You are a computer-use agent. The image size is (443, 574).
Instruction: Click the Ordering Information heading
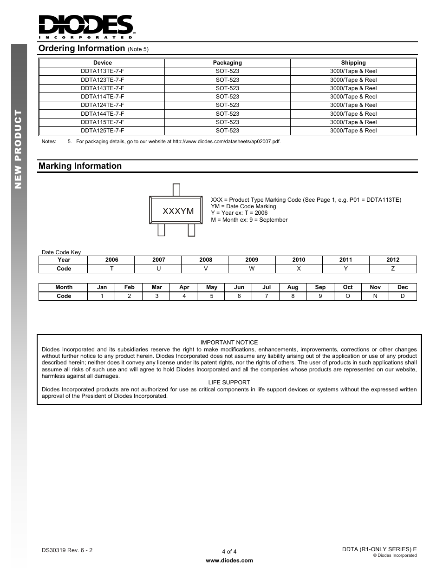pyautogui.click(x=82, y=48)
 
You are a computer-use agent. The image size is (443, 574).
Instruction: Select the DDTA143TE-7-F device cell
pyautogui.click(x=102, y=88)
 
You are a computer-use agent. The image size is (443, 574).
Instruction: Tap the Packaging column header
pyautogui.click(x=227, y=63)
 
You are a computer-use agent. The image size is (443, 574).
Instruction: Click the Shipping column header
pyautogui.click(x=353, y=63)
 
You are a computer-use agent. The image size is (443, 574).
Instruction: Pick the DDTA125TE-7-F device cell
pyautogui.click(x=102, y=131)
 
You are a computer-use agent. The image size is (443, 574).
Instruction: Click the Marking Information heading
pyautogui.click(x=80, y=166)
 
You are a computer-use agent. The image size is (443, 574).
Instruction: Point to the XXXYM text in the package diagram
pyautogui.click(x=178, y=211)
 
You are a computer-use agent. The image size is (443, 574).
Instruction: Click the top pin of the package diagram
pyautogui.click(x=176, y=190)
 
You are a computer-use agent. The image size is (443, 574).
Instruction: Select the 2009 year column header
pyautogui.click(x=252, y=260)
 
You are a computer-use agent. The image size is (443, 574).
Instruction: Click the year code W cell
pyautogui.click(x=252, y=269)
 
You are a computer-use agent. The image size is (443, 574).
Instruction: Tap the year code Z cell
pyautogui.click(x=393, y=269)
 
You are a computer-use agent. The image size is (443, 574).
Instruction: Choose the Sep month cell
pyautogui.click(x=320, y=287)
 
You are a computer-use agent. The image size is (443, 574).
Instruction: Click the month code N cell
pyautogui.click(x=375, y=296)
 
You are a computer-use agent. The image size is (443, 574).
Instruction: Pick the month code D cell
pyautogui.click(x=403, y=296)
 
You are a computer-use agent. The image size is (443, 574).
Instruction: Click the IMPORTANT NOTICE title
pyautogui.click(x=229, y=343)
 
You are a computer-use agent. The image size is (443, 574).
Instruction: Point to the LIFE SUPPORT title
pyautogui.click(x=229, y=383)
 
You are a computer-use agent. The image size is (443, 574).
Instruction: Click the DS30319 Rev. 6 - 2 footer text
pyautogui.click(x=67, y=550)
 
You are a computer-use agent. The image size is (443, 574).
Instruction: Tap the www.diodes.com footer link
pyautogui.click(x=229, y=561)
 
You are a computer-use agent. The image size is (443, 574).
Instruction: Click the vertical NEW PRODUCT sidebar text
pyautogui.click(x=19, y=149)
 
